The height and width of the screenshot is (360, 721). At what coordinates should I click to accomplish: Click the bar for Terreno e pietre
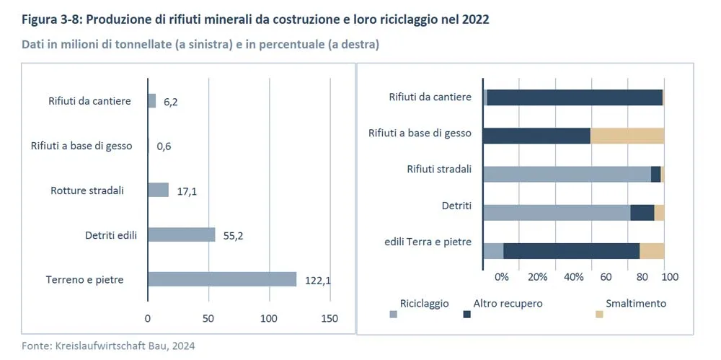(x=222, y=279)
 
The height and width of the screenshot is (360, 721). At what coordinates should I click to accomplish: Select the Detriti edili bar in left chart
(x=182, y=234)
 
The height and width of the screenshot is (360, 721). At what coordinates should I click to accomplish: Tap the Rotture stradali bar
(x=158, y=190)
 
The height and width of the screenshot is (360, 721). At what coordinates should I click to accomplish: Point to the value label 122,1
(x=317, y=281)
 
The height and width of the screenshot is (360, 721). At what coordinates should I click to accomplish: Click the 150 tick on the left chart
(x=329, y=318)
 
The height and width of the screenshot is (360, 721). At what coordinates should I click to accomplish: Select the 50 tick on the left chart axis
(x=208, y=318)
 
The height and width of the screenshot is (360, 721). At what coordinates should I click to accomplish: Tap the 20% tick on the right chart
(x=538, y=276)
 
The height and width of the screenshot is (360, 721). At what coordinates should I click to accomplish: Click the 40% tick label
(x=573, y=276)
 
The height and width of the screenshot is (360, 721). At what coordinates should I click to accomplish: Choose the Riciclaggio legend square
(x=393, y=314)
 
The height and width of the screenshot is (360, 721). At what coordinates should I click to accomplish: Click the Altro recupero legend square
(x=466, y=314)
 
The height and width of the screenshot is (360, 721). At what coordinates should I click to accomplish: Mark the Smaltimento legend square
(x=599, y=314)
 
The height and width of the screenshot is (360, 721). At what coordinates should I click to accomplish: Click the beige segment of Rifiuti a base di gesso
(x=627, y=136)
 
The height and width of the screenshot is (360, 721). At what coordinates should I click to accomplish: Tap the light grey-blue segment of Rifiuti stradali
(x=567, y=174)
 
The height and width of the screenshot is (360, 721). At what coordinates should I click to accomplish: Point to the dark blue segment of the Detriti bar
(x=642, y=212)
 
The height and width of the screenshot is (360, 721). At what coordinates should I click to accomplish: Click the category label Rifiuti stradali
(x=439, y=170)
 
